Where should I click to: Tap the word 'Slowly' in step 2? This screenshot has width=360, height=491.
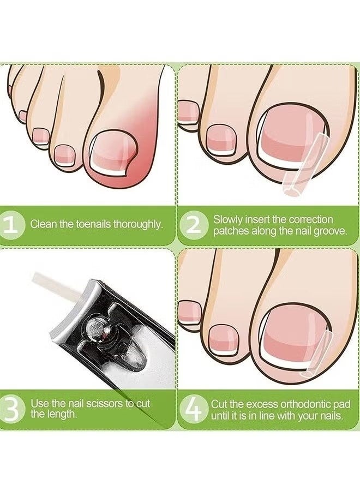click(x=226, y=219)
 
